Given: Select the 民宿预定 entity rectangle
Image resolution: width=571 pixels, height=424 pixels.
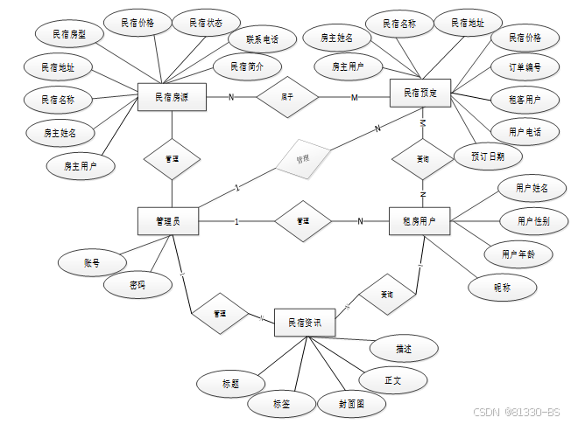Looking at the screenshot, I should point(420,93).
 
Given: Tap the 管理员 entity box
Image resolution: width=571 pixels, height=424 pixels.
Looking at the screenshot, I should point(168,221).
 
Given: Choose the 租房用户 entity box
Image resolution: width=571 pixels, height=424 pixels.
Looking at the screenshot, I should point(419,221).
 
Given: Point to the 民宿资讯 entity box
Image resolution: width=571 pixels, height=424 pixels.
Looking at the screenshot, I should point(305,323).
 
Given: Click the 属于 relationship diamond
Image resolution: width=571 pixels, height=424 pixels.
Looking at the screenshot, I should point(286,97).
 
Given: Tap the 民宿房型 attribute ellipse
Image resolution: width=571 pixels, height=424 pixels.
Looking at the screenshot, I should point(70,34).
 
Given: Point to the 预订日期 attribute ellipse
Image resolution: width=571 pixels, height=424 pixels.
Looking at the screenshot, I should point(489,157).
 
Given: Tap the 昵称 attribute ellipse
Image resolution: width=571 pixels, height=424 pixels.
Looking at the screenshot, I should point(501,286).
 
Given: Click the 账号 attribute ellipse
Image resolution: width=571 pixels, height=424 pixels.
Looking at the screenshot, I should point(91,261).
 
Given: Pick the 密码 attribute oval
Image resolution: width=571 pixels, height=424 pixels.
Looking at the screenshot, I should point(137,285).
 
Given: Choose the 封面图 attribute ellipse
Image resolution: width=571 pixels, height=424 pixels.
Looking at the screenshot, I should point(339,404).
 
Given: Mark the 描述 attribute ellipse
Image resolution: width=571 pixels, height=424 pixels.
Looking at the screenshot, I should point(403,348).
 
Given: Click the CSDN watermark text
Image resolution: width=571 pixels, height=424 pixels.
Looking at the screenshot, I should point(516,411).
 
